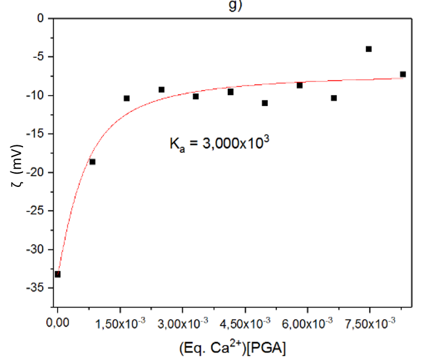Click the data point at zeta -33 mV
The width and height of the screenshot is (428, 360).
click(x=58, y=274)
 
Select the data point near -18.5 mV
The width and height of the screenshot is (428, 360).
click(x=92, y=162)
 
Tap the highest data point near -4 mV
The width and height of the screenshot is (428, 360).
click(x=369, y=49)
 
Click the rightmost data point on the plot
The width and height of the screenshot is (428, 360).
click(x=403, y=74)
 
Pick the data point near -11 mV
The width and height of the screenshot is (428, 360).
click(x=265, y=103)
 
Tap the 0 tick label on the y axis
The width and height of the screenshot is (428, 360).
click(x=40, y=18)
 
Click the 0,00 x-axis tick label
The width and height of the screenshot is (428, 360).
click(x=58, y=321)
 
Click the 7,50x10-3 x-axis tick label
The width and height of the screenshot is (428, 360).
click(x=369, y=321)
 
